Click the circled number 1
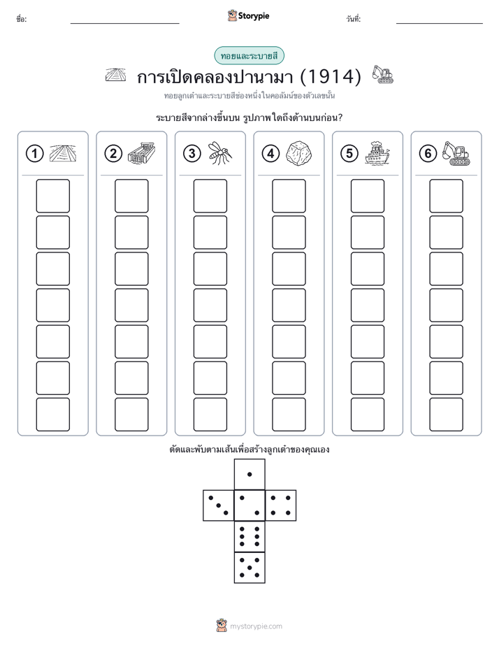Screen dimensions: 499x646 point(34,154)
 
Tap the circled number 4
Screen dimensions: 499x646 point(270,154)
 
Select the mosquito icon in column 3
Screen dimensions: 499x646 point(220,153)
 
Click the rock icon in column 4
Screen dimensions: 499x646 point(299,153)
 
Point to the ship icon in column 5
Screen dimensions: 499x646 point(377,153)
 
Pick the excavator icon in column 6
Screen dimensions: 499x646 point(456,153)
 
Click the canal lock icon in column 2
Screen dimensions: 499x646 point(141,153)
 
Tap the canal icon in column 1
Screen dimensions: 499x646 point(63,153)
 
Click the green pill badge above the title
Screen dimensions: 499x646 point(249,56)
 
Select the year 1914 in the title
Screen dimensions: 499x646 point(331,77)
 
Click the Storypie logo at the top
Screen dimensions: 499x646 point(249,16)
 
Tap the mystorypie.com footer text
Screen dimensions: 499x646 point(256,626)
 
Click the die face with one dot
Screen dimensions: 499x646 point(249,474)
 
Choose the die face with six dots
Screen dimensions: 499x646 point(249,536)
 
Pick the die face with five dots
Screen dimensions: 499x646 point(249,568)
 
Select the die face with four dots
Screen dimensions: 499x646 point(281,505)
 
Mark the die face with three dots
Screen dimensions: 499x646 point(218,505)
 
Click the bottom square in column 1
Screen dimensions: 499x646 point(52,415)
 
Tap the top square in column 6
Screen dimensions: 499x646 point(447,196)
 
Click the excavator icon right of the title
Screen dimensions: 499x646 point(382,74)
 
